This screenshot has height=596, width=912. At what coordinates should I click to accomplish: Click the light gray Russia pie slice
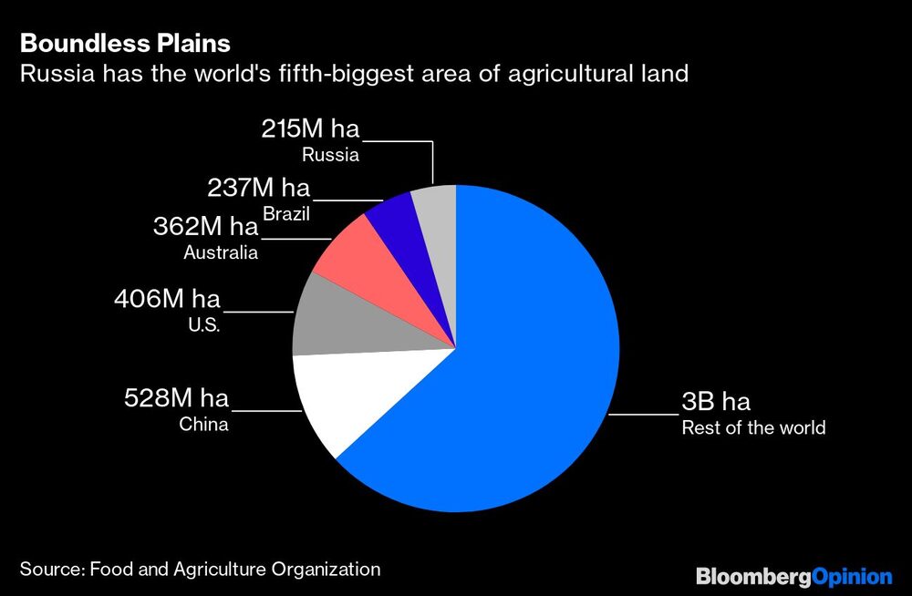435,210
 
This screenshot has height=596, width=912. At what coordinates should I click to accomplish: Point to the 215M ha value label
310,129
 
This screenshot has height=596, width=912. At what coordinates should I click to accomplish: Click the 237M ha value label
258,189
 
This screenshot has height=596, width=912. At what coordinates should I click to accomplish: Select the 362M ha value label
205,226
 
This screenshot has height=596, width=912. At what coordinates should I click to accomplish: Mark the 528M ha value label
176,398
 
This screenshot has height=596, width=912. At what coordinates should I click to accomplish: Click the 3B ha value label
716,402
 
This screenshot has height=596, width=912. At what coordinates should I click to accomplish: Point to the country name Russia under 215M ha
330,155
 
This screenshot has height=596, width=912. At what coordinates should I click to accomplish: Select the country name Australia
220,252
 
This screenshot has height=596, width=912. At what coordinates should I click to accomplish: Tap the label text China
203,425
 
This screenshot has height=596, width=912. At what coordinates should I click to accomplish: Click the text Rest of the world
753,427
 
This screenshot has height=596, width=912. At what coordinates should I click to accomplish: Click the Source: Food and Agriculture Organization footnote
200,570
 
